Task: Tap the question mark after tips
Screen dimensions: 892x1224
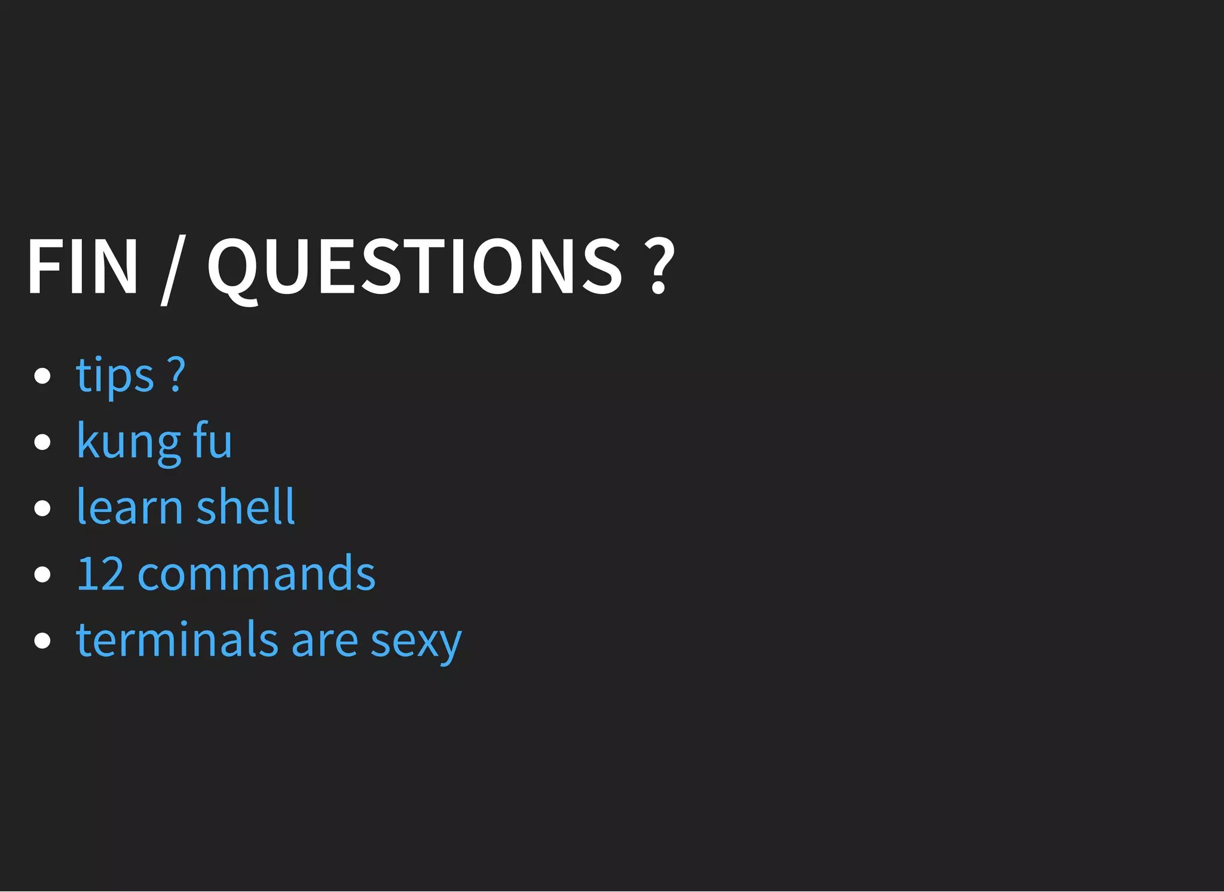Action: [x=176, y=375]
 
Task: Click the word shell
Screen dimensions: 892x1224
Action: [x=246, y=507]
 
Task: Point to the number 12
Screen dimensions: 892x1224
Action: [x=100, y=574]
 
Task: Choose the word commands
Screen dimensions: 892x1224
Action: [x=256, y=574]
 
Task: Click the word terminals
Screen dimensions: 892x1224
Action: [x=177, y=639]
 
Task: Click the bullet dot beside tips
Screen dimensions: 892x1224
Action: [x=42, y=376]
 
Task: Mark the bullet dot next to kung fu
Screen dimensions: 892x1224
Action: [x=42, y=442]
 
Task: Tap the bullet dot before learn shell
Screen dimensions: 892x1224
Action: [x=42, y=508]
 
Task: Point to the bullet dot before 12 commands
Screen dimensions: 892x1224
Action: [x=42, y=575]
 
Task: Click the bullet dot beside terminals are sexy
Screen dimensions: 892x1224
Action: [x=42, y=640]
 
